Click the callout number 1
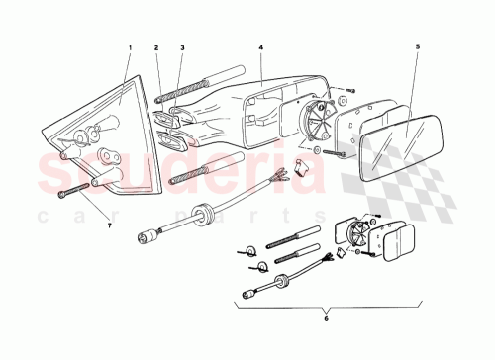130,46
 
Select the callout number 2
156,46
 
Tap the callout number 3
183,46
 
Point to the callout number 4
260,46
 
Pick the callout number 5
417,46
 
